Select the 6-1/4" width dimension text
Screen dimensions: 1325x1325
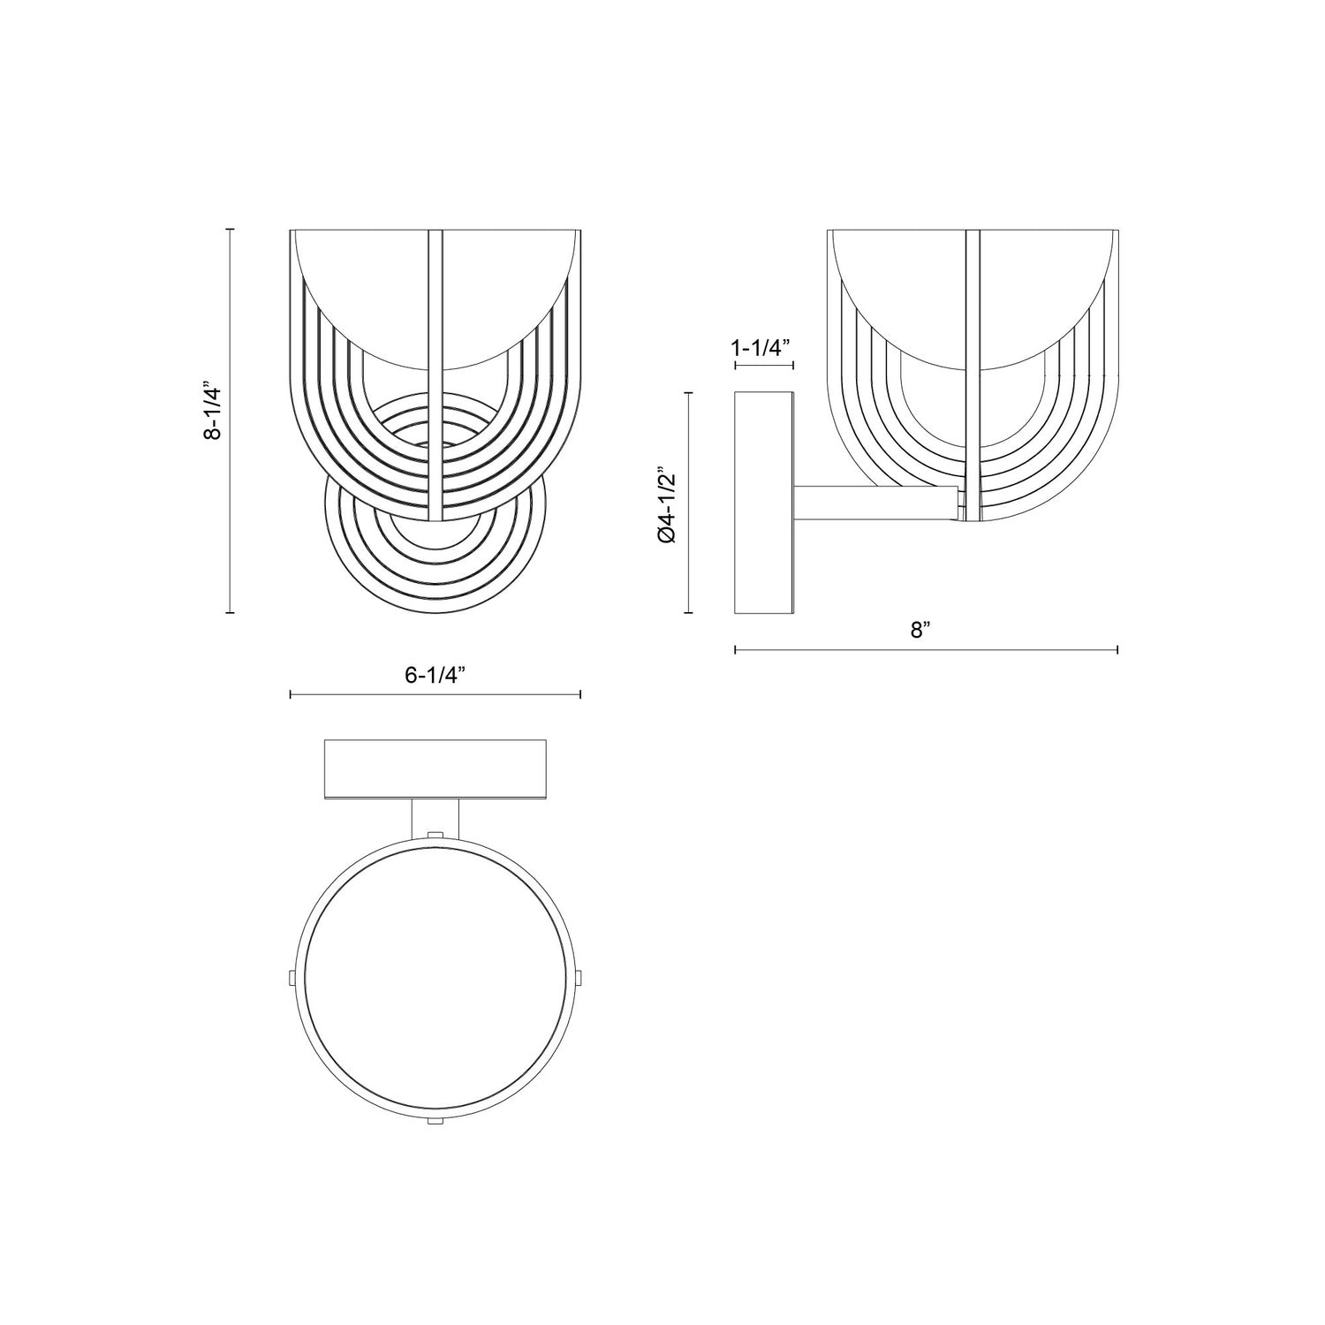point(435,676)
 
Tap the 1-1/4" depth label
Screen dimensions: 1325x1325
point(762,347)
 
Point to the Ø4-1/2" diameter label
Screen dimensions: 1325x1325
point(667,503)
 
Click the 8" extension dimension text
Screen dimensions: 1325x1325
point(921,630)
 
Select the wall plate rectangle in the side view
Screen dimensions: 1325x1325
point(764,503)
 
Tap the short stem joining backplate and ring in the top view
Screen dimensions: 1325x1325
point(435,814)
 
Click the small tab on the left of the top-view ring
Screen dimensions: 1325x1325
point(291,976)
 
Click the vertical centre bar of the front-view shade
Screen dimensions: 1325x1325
point(434,371)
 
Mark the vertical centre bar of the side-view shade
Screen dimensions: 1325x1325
point(973,371)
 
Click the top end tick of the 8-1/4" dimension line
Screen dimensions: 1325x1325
point(231,229)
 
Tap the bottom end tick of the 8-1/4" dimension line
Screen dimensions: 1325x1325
point(231,612)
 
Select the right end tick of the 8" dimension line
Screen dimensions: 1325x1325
point(1118,650)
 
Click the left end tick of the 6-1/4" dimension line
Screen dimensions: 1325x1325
point(291,694)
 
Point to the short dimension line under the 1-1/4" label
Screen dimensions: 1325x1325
point(764,365)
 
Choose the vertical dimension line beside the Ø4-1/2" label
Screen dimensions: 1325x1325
point(689,503)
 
